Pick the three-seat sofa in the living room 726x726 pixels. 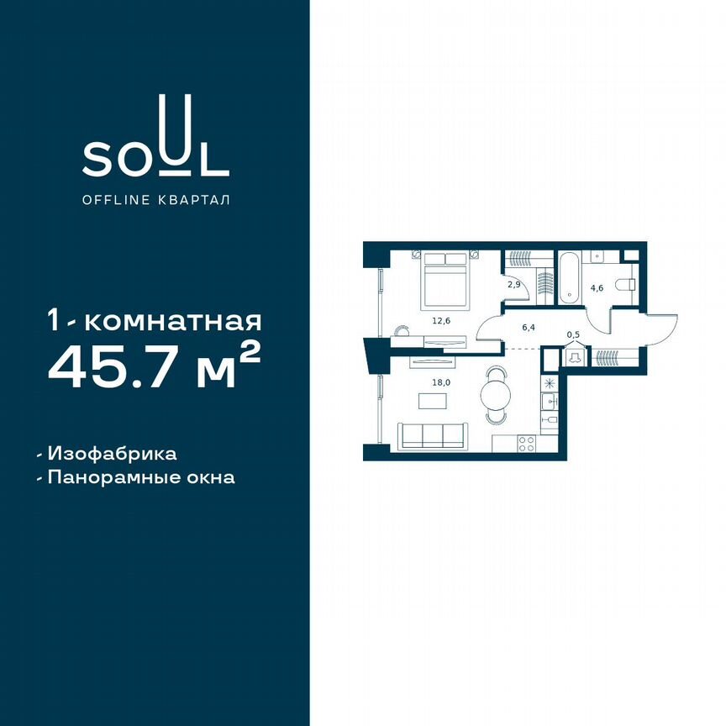tap(434, 434)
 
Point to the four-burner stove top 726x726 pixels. tap(528, 443)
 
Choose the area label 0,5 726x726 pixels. tap(573, 334)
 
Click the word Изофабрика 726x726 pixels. tap(112, 454)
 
